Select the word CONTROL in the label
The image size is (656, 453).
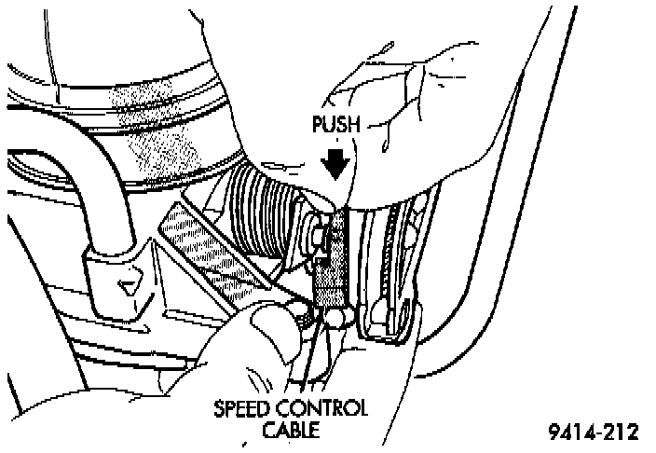328,409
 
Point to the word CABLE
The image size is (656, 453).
290,430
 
